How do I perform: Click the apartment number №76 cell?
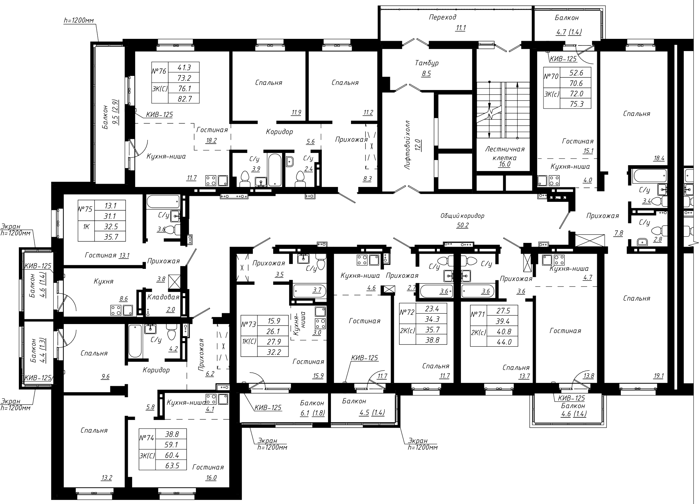click(160, 72)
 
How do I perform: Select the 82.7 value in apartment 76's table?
click(184, 98)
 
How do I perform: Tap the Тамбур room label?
click(427, 63)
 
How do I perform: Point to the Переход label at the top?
click(443, 17)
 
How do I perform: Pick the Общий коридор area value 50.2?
click(462, 225)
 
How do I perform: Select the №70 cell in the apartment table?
click(552, 77)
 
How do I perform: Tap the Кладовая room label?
click(163, 297)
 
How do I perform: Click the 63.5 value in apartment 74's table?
click(172, 465)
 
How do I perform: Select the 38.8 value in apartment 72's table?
click(432, 340)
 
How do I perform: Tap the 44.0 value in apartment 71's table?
click(504, 342)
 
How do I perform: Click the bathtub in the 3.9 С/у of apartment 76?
click(275, 170)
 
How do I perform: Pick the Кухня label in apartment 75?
click(104, 281)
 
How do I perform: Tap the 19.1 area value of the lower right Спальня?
click(659, 376)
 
